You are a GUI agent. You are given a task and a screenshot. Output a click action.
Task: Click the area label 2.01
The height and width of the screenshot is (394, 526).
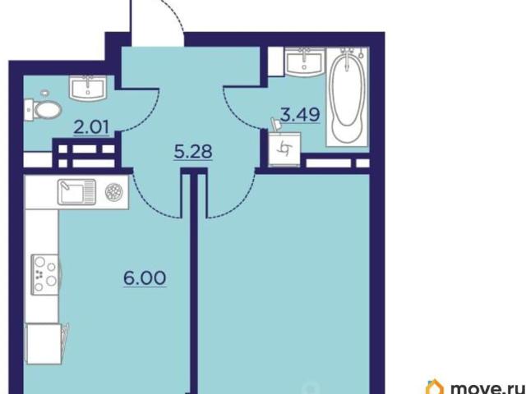(91, 128)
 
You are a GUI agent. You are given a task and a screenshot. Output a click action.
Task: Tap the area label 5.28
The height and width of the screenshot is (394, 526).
(193, 152)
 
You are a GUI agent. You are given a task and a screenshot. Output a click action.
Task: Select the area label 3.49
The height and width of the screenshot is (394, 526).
(299, 115)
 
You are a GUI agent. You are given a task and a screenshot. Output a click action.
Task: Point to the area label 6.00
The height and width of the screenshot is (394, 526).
(145, 277)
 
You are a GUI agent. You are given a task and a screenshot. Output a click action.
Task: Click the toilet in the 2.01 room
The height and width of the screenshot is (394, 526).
(44, 109)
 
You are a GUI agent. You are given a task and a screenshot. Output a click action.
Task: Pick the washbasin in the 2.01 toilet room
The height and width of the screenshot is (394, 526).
(88, 88)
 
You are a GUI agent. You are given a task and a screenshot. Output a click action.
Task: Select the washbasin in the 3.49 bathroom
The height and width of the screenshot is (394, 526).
(305, 62)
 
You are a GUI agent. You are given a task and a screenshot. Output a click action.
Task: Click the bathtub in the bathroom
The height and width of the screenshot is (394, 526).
(347, 97)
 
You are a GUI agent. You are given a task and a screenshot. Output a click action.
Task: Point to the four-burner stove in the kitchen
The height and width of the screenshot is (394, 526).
(45, 274)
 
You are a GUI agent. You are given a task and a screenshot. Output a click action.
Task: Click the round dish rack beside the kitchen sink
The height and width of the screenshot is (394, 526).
(114, 191)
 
